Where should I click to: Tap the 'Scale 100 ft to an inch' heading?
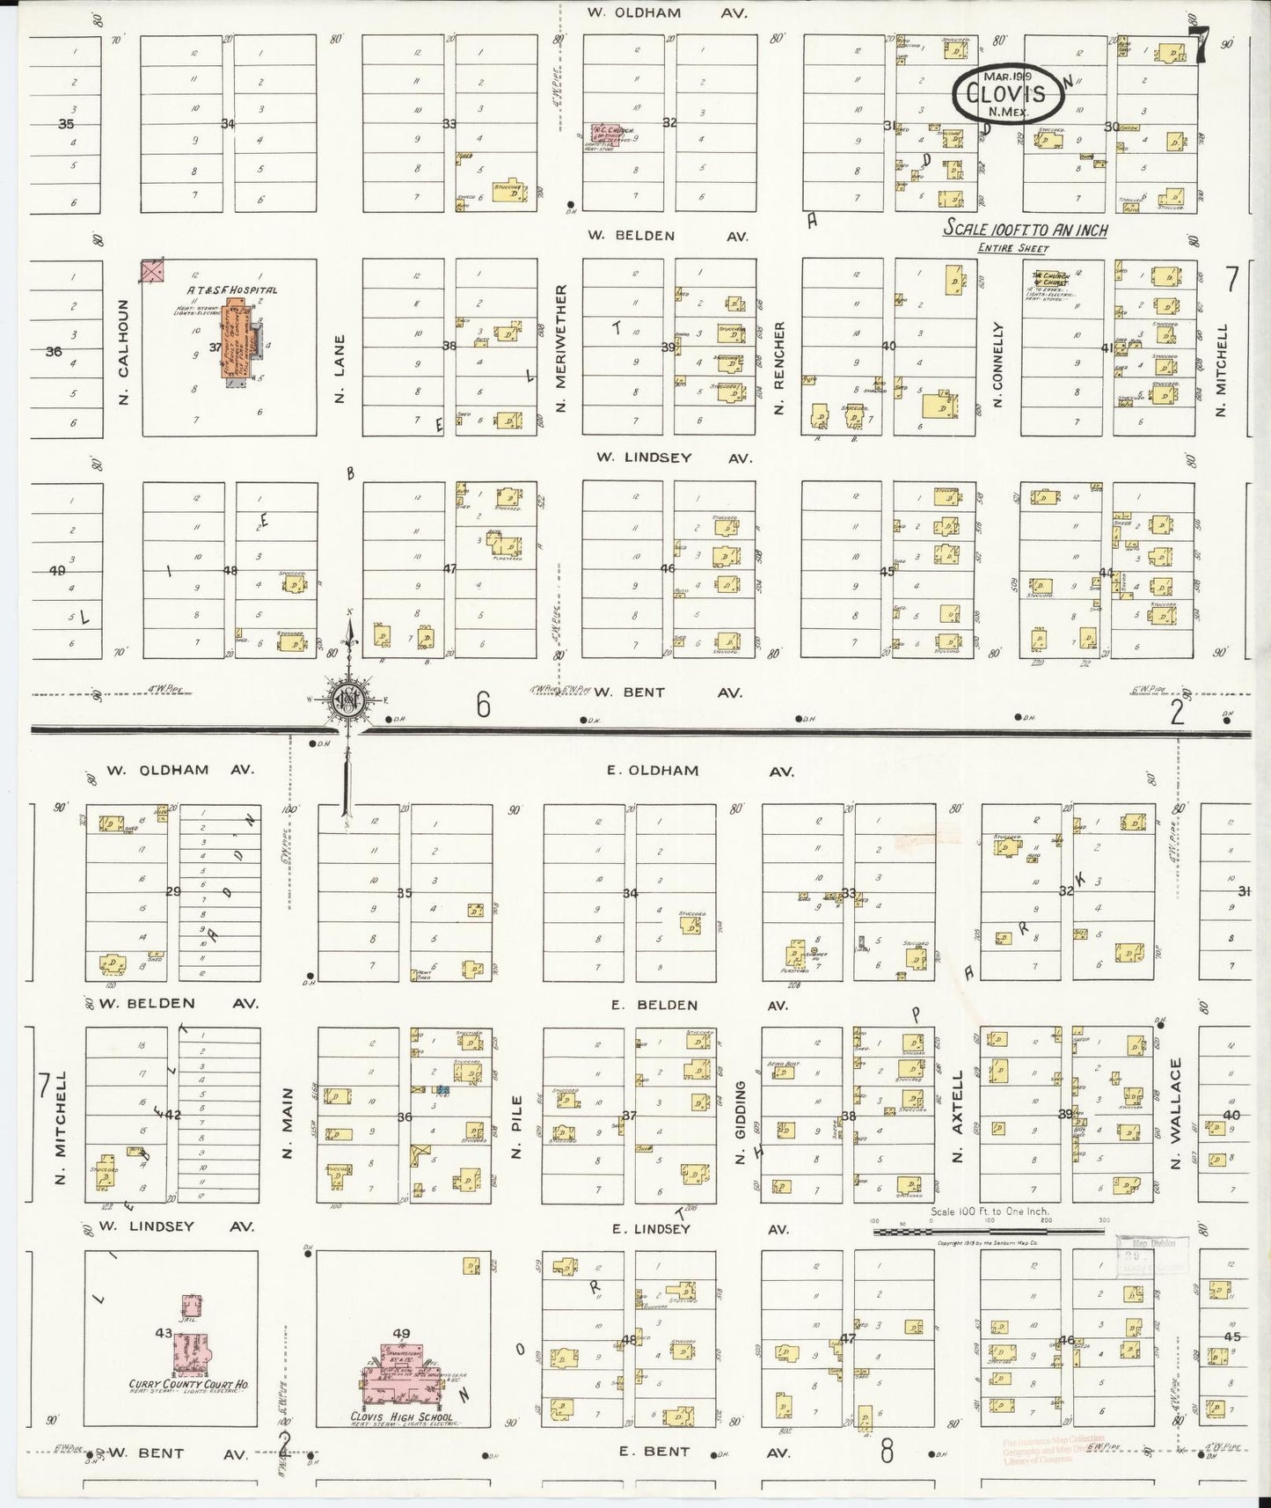tap(1026, 230)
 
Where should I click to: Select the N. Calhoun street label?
tap(124, 352)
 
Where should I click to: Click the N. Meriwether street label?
tap(561, 348)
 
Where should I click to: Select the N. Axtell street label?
tap(959, 1116)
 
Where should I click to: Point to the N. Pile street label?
tap(517, 1127)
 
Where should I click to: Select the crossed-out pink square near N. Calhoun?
tap(152, 271)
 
